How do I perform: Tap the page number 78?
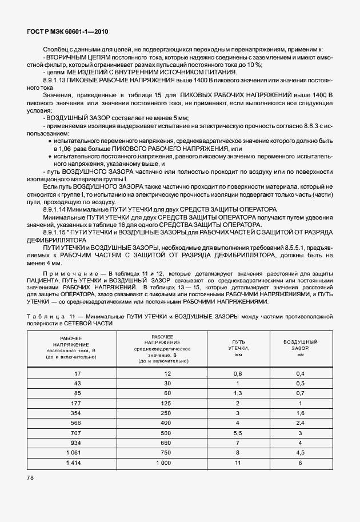point(30,477)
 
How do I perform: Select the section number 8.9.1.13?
point(55,81)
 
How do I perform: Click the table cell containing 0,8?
point(237,373)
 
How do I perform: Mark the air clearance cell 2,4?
point(301,422)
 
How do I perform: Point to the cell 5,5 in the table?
point(237,432)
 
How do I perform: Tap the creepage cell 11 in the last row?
point(237,462)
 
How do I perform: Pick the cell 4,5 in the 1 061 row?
point(301,452)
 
